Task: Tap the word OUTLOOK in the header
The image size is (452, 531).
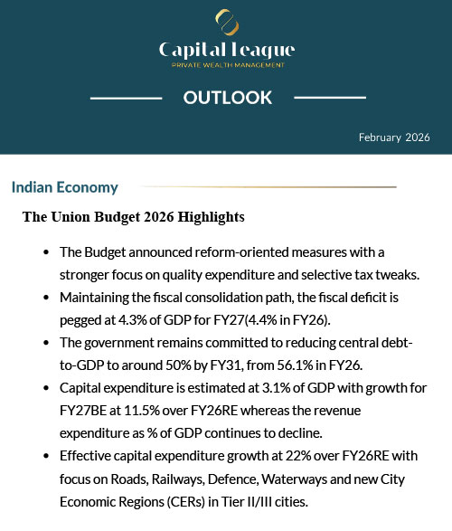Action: pos(227,98)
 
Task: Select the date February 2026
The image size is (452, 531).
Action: pos(393,137)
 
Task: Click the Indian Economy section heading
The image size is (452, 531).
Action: pos(65,188)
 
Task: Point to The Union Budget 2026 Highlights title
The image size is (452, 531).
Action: pos(133,217)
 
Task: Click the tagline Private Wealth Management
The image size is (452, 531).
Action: pos(227,65)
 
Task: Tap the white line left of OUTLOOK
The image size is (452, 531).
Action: pos(126,97)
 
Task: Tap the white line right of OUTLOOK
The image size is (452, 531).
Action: pos(330,97)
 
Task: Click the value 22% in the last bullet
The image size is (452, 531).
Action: pos(257,461)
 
